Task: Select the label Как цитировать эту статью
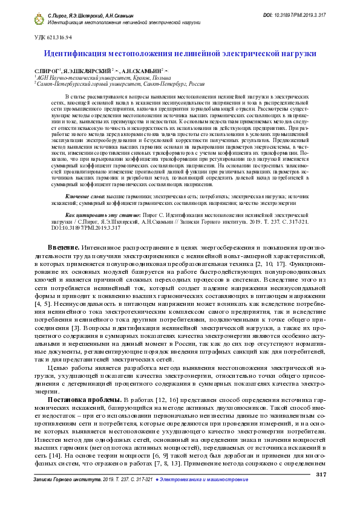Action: coord(103,199)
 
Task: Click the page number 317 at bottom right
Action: coord(321,474)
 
